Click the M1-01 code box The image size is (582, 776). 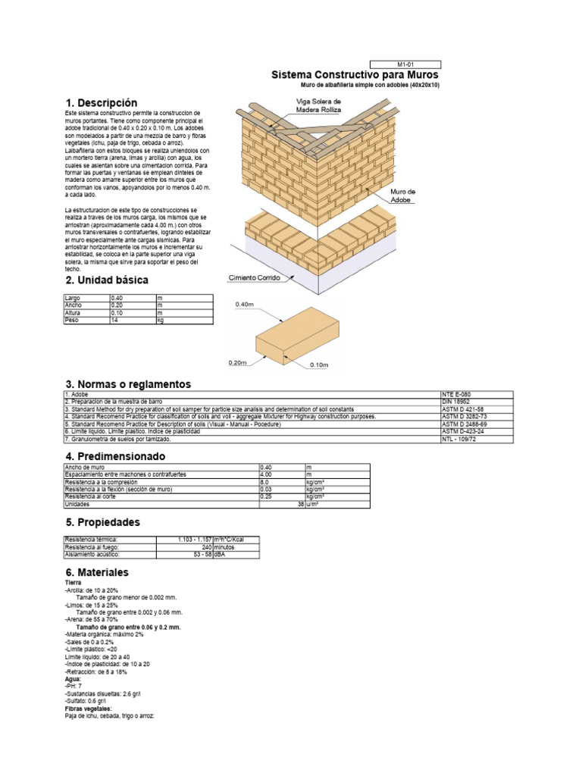click(x=405, y=64)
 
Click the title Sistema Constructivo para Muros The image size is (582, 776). click(x=355, y=75)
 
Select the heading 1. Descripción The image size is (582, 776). click(x=102, y=102)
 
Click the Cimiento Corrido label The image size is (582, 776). click(x=255, y=278)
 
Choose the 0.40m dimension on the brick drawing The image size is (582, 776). click(x=244, y=304)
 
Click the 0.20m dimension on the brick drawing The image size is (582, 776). click(x=238, y=363)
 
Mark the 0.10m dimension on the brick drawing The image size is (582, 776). click(x=318, y=365)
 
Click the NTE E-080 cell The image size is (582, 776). click(x=476, y=395)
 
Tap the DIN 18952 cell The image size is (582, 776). click(x=476, y=402)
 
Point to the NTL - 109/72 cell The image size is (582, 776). click(x=476, y=439)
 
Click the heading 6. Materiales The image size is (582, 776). click(x=97, y=572)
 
